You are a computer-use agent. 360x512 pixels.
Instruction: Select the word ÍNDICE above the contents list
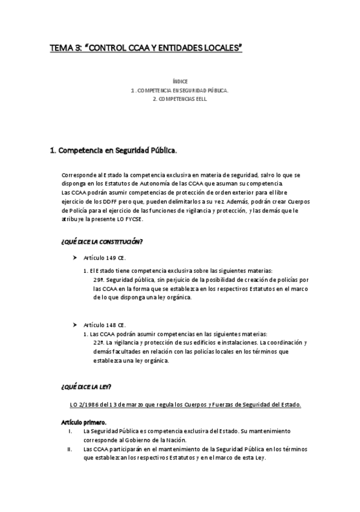(x=180, y=80)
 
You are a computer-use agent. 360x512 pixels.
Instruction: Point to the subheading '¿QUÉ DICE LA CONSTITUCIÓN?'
(x=101, y=242)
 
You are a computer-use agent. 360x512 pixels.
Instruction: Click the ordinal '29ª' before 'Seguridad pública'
(x=99, y=280)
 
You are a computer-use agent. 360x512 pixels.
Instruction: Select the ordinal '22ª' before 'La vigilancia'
(x=99, y=342)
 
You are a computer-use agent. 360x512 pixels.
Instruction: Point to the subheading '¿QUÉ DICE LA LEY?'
(x=86, y=385)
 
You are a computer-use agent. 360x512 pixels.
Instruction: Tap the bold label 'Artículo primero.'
(x=84, y=422)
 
